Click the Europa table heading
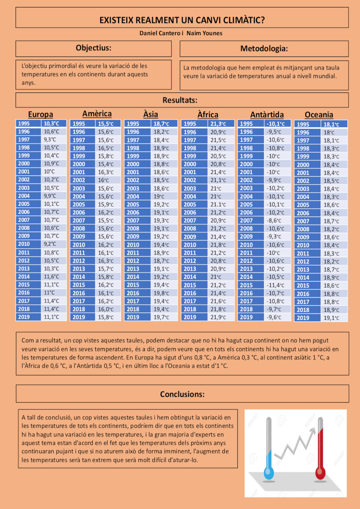click(40, 114)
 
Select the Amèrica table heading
click(97, 114)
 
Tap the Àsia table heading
click(150, 114)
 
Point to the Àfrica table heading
click(208, 115)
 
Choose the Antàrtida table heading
click(267, 115)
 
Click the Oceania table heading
click(319, 115)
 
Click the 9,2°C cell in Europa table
click(50, 244)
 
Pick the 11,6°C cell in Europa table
click(51, 277)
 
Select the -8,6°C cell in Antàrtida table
click(274, 221)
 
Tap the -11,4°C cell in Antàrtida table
click(276, 285)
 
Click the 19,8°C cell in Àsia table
click(161, 293)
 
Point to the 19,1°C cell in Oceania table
click(331, 318)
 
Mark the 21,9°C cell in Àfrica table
click(218, 317)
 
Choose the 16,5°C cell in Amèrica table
click(105, 148)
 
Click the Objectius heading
click(94, 48)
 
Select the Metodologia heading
click(264, 49)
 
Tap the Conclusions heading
click(182, 394)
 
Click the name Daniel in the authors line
click(150, 33)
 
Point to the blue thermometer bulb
click(269, 473)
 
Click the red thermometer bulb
click(320, 473)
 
